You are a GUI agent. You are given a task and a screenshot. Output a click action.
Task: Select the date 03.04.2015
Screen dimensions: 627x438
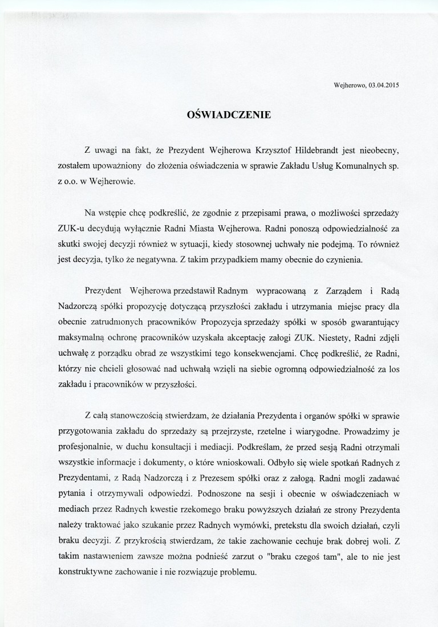(x=384, y=85)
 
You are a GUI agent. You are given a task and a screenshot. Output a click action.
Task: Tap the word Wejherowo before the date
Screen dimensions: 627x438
(x=350, y=85)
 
